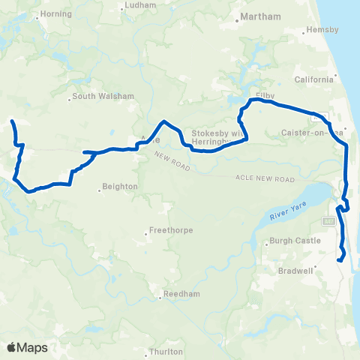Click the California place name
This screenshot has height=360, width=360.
point(314,79)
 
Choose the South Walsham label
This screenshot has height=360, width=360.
point(104,97)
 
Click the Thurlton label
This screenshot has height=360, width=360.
point(166,351)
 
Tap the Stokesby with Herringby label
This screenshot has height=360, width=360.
point(219,133)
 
